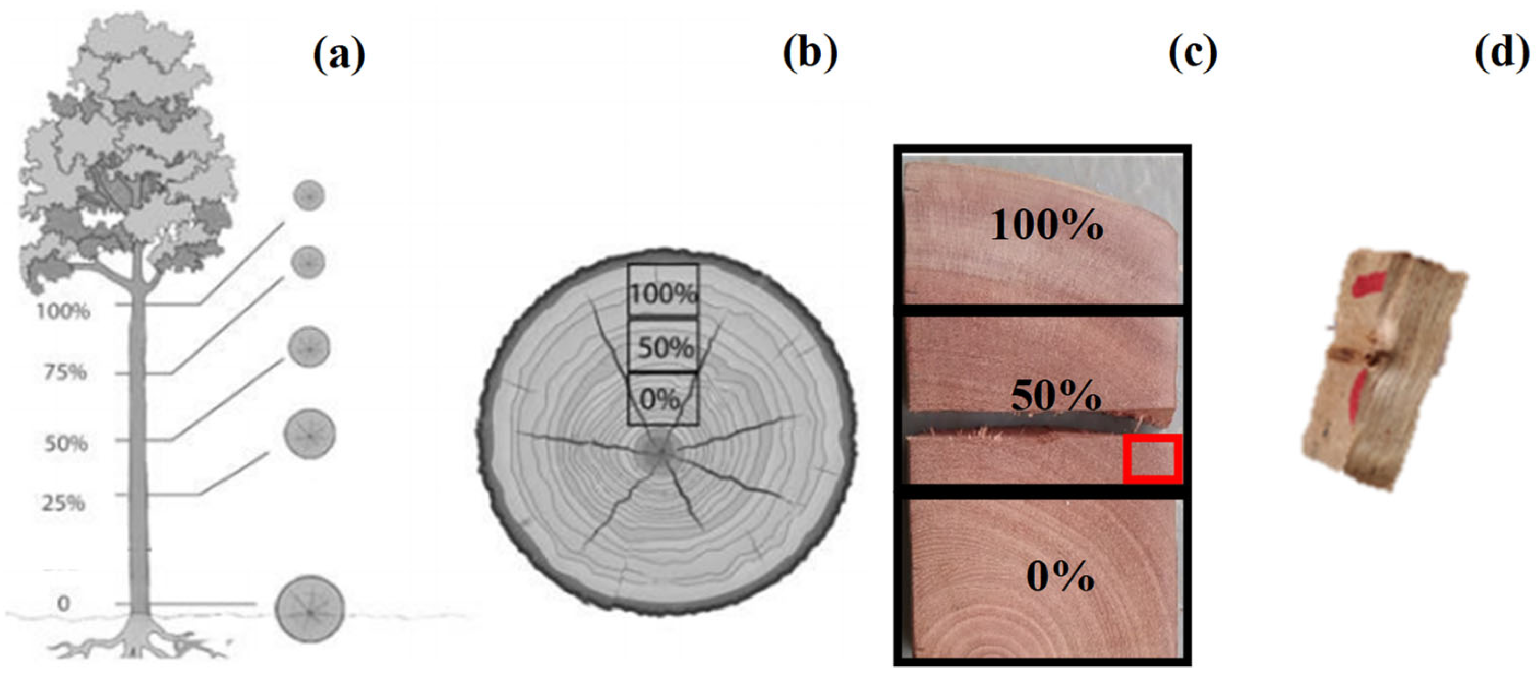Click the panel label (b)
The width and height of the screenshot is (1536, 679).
(x=810, y=53)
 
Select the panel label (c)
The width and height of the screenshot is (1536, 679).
(x=1192, y=54)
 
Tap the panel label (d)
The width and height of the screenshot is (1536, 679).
(x=1502, y=53)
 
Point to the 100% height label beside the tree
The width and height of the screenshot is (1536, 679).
(x=63, y=311)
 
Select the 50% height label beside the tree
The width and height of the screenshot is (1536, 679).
(x=66, y=443)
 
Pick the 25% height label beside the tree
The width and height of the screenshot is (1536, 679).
(x=63, y=503)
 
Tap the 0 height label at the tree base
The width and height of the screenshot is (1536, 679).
(x=63, y=603)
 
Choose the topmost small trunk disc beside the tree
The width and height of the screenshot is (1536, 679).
(x=309, y=195)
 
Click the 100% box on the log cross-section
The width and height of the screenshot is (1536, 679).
(x=662, y=292)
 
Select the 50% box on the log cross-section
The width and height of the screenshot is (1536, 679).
(x=664, y=347)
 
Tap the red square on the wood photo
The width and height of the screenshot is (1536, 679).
(x=1152, y=459)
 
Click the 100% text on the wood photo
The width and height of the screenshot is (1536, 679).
(x=1046, y=225)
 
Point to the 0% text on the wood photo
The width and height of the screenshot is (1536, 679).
(x=1060, y=577)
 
